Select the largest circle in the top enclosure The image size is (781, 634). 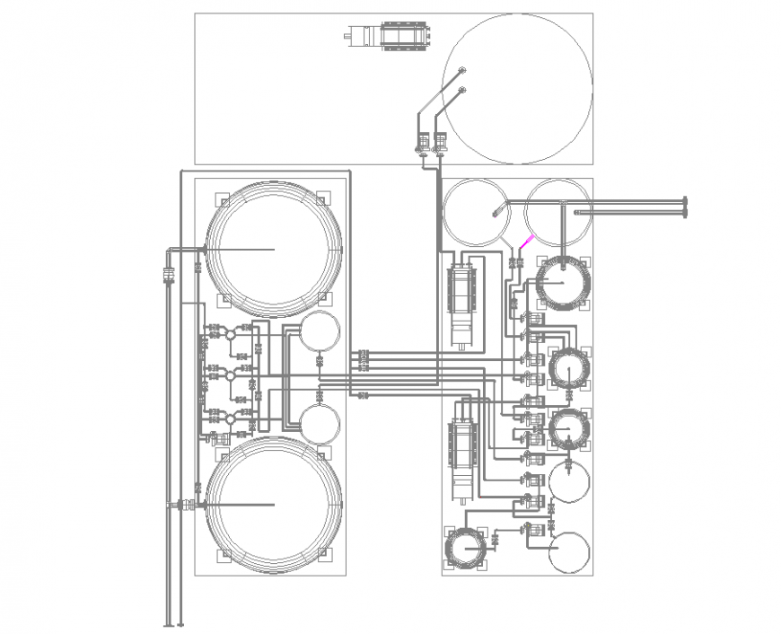point(517,88)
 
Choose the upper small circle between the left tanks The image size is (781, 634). point(320,332)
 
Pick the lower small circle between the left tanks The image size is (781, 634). point(320,422)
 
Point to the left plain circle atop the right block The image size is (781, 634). point(477,213)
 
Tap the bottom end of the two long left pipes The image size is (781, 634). point(174,623)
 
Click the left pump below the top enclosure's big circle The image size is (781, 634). point(422,142)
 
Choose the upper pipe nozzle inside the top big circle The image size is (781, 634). point(461,71)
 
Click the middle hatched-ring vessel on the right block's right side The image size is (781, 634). point(570,368)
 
